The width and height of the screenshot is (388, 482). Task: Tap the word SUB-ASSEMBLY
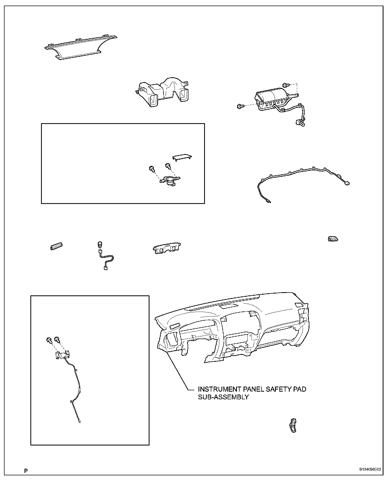223,397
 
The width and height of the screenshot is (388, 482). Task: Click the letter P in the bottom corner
26,471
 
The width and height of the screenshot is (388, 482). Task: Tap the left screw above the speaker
152,168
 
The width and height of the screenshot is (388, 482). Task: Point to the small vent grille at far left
56,247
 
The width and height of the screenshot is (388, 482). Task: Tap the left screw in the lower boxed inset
49,340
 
